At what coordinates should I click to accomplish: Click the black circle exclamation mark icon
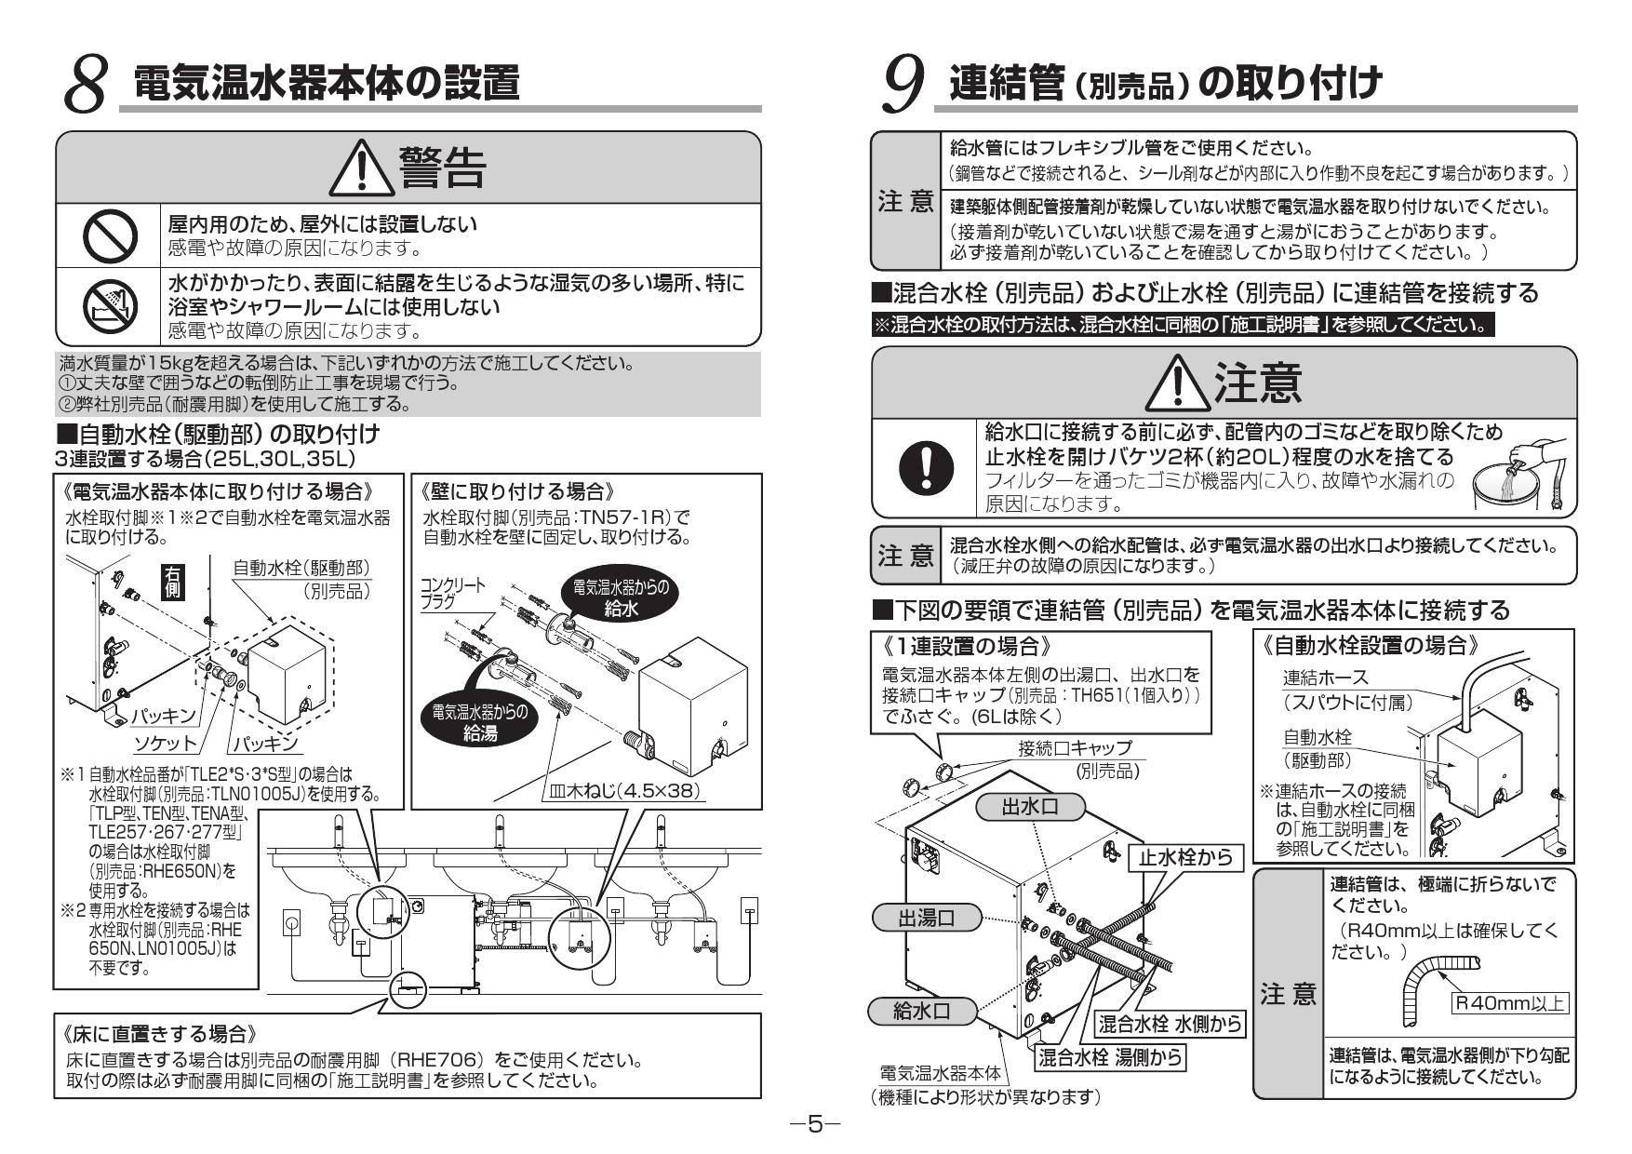click(x=927, y=468)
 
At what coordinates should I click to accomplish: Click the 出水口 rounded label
click(x=1029, y=807)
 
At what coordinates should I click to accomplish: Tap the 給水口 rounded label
click(x=921, y=1011)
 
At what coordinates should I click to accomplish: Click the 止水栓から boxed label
click(x=1184, y=856)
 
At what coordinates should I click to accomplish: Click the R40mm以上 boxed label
click(x=1510, y=1002)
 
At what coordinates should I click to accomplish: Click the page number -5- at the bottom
click(x=814, y=1124)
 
